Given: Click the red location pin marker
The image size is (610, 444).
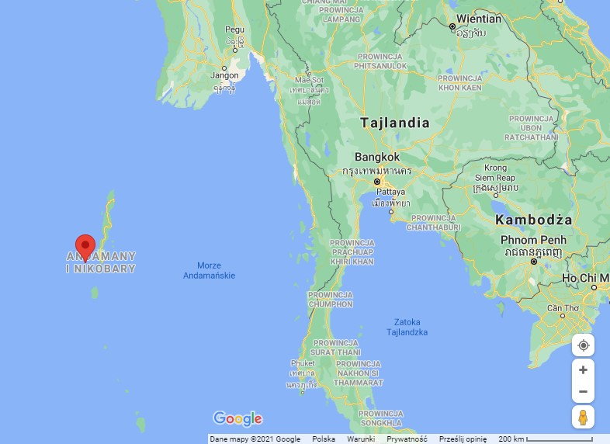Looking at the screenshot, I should click(x=85, y=247).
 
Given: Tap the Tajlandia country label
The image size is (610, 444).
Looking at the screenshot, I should click(x=394, y=123).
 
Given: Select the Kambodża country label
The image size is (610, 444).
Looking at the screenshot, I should click(x=533, y=220).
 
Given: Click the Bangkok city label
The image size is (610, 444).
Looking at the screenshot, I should click(x=377, y=156).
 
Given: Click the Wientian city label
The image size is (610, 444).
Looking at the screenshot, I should click(x=479, y=18).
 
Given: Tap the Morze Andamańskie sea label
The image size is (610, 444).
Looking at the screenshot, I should click(x=209, y=270).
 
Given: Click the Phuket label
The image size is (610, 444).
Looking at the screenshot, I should click(x=302, y=362).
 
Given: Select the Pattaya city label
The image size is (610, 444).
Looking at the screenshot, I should click(x=390, y=191).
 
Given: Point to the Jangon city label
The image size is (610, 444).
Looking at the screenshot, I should click(x=224, y=75).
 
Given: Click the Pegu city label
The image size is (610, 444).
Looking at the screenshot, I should click(x=234, y=29).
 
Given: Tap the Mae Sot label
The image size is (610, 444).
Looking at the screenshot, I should click(x=308, y=80).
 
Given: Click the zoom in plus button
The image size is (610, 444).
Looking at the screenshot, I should click(x=583, y=370).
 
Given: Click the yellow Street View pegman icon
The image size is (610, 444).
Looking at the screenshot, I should click(x=583, y=417).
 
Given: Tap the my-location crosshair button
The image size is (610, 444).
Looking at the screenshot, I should click(x=583, y=345).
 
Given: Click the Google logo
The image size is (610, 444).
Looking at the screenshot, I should click(x=237, y=419).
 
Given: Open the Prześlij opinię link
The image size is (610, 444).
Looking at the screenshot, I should click(x=463, y=439).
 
